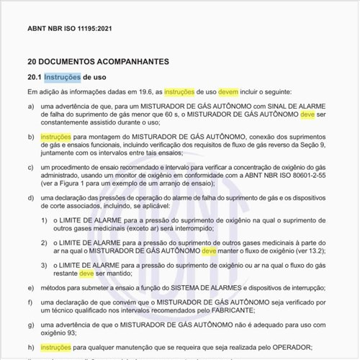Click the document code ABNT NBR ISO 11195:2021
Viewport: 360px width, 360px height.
[x=69, y=29]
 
